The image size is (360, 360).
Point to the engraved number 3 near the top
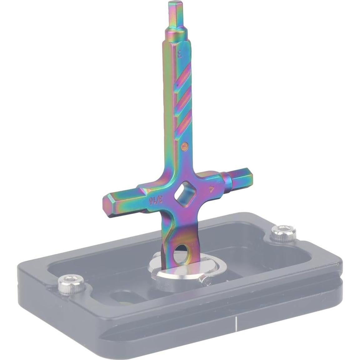point(180,53)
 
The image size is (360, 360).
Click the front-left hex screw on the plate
point(67,283)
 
